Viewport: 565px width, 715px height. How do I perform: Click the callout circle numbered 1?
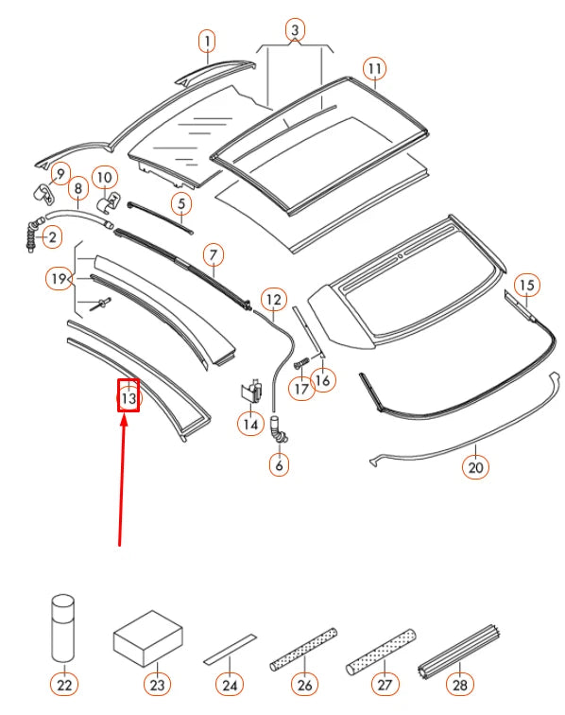pos(206,41)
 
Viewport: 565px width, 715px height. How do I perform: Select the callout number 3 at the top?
pos(295,31)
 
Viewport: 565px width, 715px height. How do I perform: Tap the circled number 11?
pos(375,69)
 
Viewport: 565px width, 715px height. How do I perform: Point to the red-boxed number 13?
pos(128,397)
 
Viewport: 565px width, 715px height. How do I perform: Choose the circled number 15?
pos(526,284)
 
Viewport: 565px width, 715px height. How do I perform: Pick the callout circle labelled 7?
pos(214,254)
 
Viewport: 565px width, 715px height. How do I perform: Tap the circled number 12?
pos(273,302)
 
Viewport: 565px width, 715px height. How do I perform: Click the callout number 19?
pos(60,278)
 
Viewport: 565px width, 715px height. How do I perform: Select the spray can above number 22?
pos(64,630)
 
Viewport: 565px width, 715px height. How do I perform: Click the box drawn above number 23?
pos(147,640)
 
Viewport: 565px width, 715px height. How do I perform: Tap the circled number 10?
pos(104,176)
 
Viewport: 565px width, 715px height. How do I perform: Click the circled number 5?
pos(180,202)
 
